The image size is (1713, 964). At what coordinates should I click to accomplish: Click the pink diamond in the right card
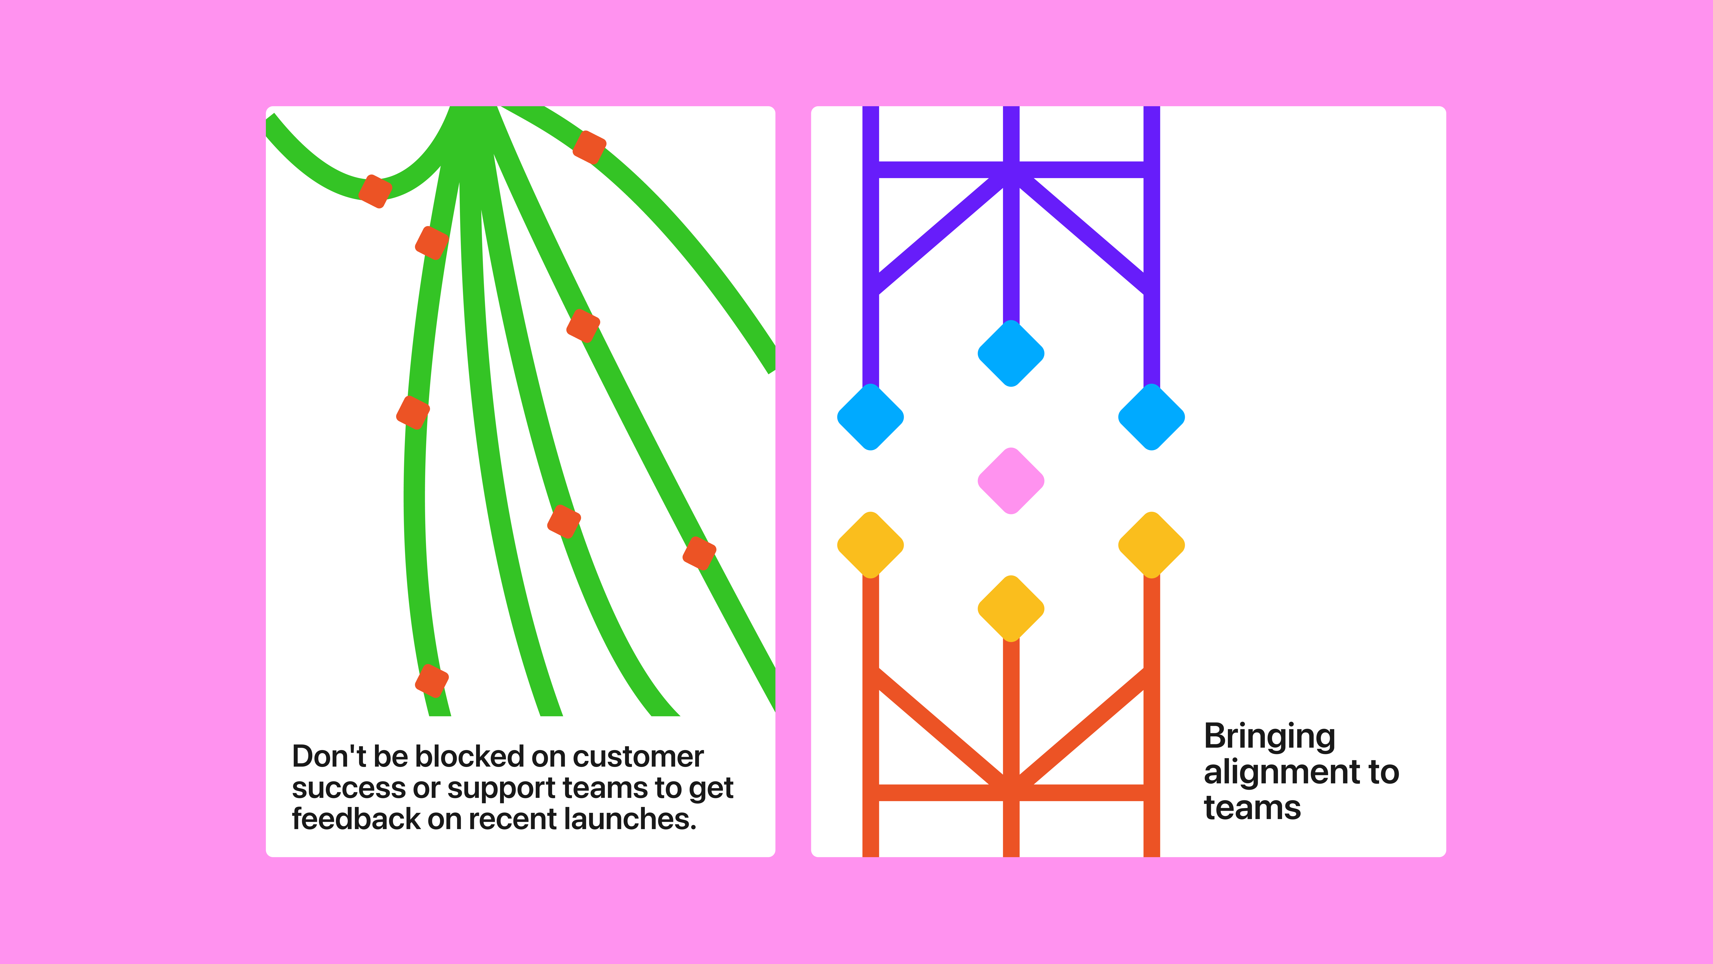pyautogui.click(x=1011, y=480)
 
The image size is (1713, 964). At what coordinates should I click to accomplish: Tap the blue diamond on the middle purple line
pyautogui.click(x=1011, y=353)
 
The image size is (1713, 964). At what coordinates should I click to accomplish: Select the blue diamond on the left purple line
pyautogui.click(x=871, y=417)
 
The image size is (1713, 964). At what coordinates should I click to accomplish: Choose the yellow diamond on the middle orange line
pyautogui.click(x=1011, y=608)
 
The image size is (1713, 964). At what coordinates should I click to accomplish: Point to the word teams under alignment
pyautogui.click(x=1252, y=808)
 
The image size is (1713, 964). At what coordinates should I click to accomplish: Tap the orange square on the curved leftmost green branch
pyautogui.click(x=375, y=192)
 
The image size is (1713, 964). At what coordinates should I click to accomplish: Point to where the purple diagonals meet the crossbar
pyautogui.click(x=1011, y=170)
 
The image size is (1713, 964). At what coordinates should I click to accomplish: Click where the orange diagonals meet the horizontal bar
pyautogui.click(x=1011, y=792)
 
